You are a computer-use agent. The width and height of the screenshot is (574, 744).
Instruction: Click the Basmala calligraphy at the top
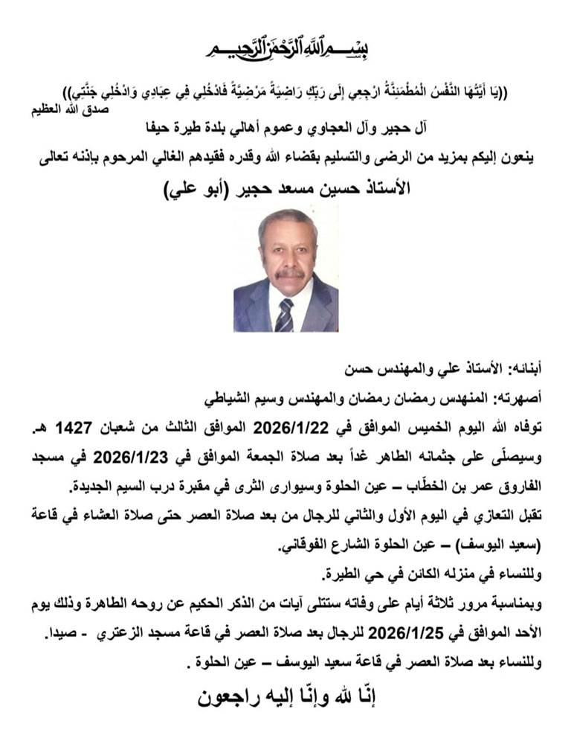click(286, 47)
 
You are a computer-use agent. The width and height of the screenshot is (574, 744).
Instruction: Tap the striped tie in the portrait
click(284, 314)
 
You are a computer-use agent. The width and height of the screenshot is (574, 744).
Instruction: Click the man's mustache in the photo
click(288, 274)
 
